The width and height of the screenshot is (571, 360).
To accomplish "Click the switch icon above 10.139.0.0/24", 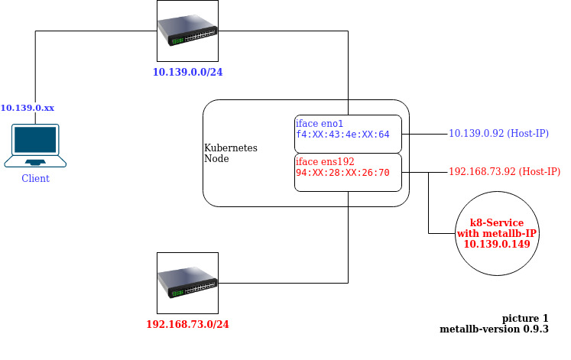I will tap(187, 31).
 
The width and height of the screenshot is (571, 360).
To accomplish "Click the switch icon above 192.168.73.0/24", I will tap(187, 282).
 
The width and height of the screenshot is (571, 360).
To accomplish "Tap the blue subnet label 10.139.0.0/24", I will tap(187, 73).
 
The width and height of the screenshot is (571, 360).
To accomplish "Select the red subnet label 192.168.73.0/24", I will tap(187, 324).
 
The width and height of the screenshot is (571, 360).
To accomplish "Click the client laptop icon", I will tap(34, 146).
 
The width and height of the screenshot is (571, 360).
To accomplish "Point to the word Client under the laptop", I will tap(35, 178).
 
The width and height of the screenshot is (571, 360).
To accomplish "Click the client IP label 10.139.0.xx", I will tap(28, 108).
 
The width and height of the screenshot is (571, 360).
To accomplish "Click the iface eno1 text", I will tap(320, 123).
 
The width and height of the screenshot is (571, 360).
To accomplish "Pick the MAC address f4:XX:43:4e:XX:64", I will tap(342, 135).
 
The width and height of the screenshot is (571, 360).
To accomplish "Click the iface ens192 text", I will tap(325, 161).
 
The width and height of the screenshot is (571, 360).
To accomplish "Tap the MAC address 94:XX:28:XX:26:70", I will tap(342, 173).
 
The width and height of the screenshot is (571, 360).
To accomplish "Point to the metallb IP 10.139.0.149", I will tap(497, 244).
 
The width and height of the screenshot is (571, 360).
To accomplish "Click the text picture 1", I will tap(525, 318).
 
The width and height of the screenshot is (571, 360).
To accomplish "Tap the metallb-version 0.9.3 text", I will tap(494, 329).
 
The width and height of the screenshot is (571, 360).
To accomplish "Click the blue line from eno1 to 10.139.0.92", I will tap(424, 134).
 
